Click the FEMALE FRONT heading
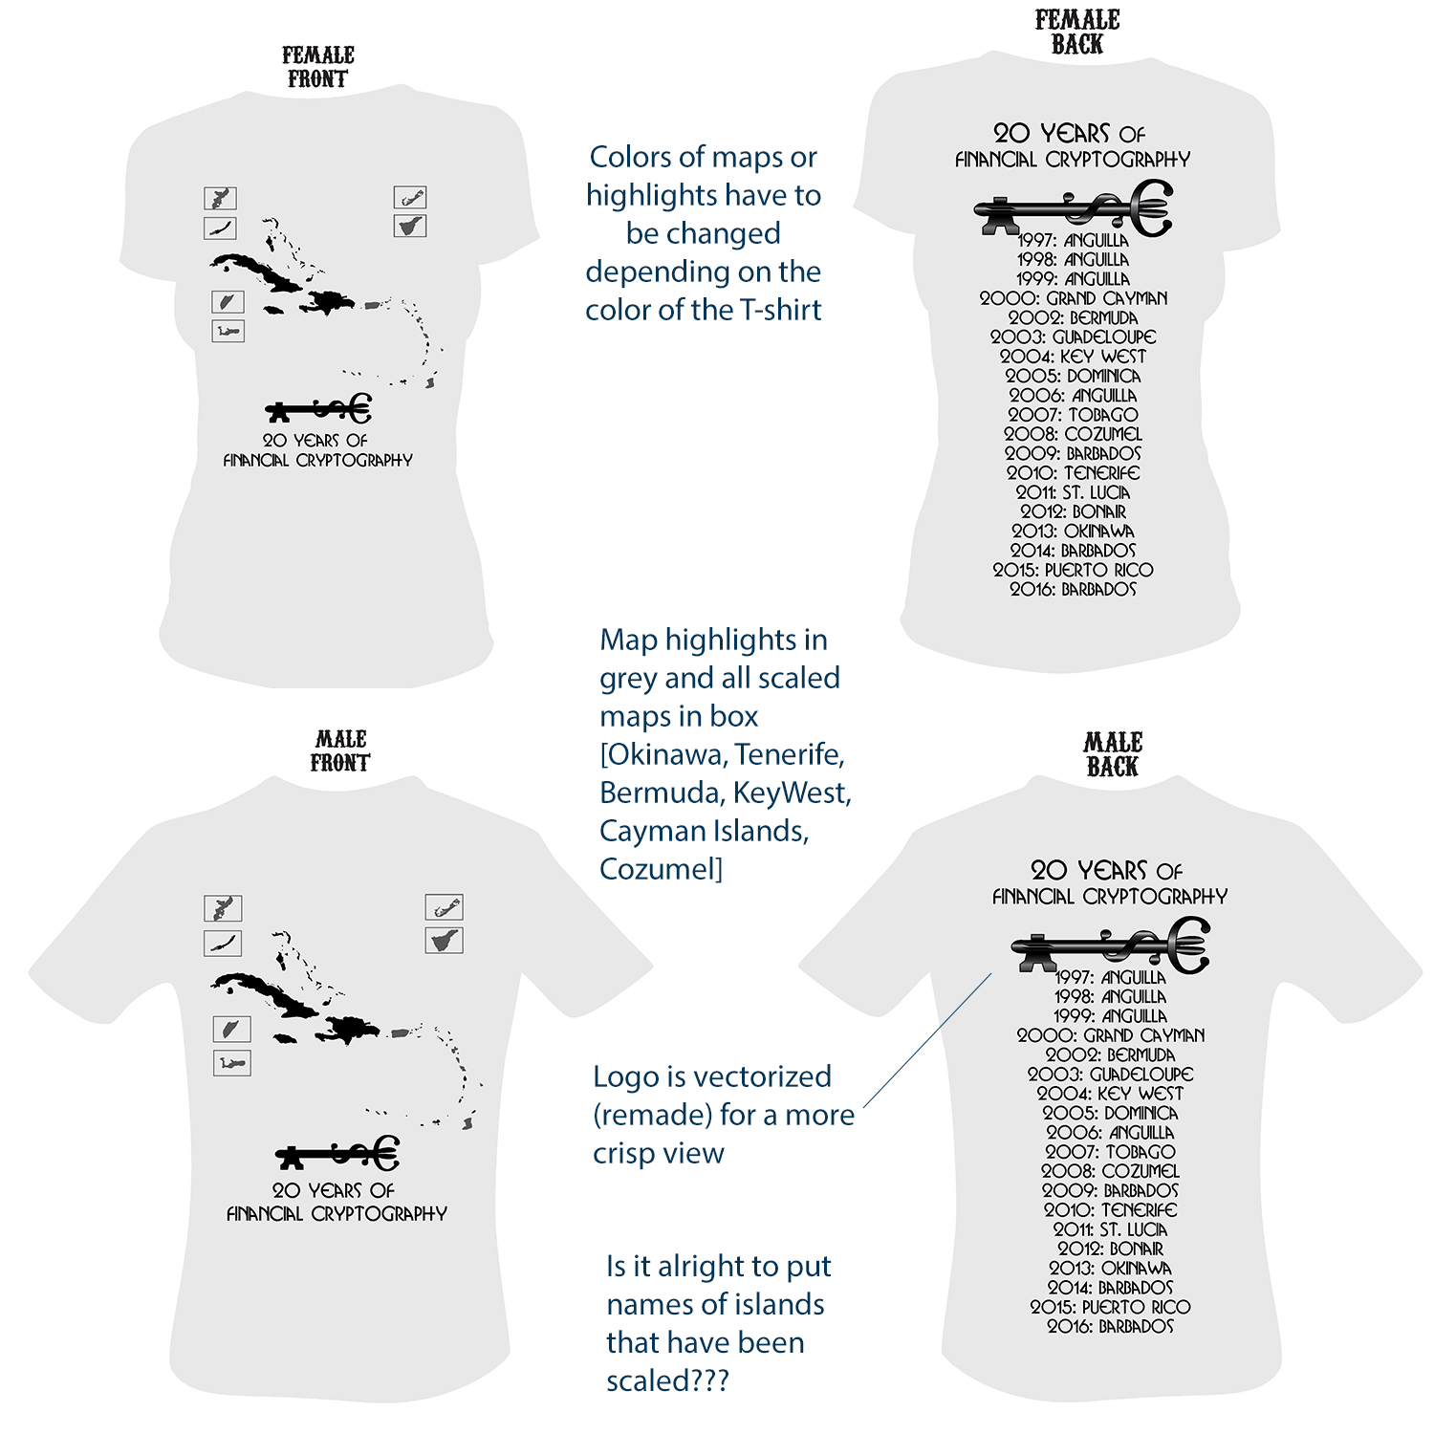point(318,68)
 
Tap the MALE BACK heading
point(1113,755)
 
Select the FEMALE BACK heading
point(1077,33)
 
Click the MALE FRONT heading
point(340,751)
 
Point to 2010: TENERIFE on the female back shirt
point(1073,473)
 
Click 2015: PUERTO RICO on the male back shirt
point(1110,1307)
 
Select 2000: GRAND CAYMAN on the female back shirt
point(1073,298)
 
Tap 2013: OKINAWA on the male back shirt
point(1110,1269)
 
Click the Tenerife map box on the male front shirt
point(445,941)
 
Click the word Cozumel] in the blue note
point(661,869)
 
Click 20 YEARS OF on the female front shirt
point(315,441)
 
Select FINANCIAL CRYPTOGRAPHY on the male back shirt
point(1109,897)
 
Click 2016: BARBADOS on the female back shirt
point(1073,590)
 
